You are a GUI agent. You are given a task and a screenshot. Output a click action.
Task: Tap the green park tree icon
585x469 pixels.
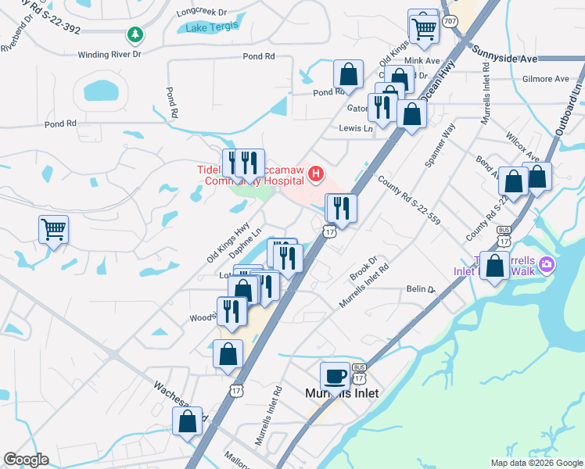[x=136, y=34]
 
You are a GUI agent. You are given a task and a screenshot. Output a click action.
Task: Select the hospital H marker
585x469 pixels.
[x=316, y=173]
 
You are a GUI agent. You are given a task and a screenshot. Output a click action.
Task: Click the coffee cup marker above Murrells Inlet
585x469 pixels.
[x=336, y=376]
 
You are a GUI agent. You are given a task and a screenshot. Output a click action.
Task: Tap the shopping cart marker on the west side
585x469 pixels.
[x=54, y=230]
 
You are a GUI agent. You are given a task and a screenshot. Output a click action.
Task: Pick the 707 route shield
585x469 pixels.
[x=450, y=21]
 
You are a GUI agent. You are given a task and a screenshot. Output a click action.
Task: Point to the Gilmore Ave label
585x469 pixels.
[x=547, y=79]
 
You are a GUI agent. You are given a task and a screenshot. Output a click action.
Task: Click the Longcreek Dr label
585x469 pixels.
[x=201, y=13]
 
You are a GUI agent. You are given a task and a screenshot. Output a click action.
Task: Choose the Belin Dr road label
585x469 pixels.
[x=420, y=289]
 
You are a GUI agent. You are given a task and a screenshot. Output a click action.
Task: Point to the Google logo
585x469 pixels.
[x=26, y=460]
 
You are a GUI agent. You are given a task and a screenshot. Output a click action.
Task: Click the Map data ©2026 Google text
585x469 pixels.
[x=536, y=463]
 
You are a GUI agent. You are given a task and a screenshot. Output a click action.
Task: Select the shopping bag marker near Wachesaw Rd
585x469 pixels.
[x=188, y=421]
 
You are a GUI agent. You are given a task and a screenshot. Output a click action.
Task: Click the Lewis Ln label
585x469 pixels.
[x=356, y=127]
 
